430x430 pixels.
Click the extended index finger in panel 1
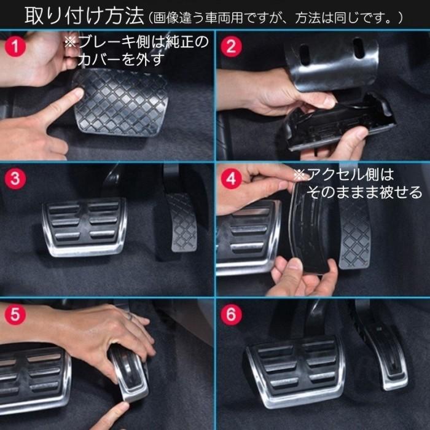(x=61, y=104)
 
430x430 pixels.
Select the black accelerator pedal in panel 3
(x=181, y=221)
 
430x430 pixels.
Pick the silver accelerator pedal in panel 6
(x=384, y=353)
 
